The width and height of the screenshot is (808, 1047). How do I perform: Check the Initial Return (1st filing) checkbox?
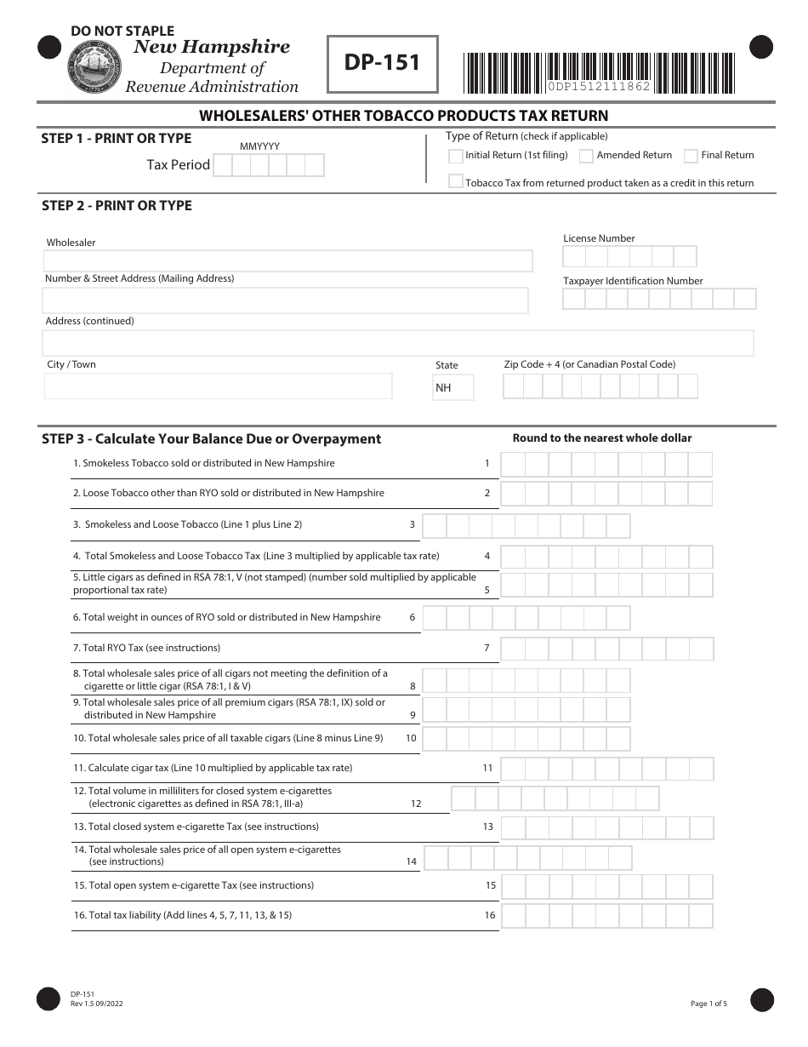[x=456, y=156]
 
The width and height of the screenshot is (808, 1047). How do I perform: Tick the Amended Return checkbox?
[x=586, y=156]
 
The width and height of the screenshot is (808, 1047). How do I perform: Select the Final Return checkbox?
[x=691, y=156]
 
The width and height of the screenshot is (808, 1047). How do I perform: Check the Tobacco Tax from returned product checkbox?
[x=456, y=181]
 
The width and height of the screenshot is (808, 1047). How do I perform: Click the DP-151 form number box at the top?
[x=383, y=64]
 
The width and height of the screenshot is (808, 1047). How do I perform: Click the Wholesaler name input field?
[x=288, y=260]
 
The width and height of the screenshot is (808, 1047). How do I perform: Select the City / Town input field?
[x=218, y=386]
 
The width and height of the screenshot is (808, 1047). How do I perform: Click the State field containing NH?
[x=452, y=387]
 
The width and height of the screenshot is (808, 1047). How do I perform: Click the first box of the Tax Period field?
[x=222, y=165]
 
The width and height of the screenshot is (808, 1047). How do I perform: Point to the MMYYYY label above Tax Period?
[x=259, y=146]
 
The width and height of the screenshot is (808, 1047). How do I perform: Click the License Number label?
[x=599, y=238]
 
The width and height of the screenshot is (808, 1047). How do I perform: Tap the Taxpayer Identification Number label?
[x=633, y=281]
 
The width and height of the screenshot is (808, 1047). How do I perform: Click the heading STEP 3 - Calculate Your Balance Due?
[x=211, y=439]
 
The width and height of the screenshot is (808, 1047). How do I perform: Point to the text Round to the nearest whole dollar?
[x=601, y=438]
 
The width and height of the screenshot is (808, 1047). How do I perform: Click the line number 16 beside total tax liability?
[x=490, y=916]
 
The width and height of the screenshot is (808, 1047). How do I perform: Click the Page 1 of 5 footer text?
[x=708, y=1004]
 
